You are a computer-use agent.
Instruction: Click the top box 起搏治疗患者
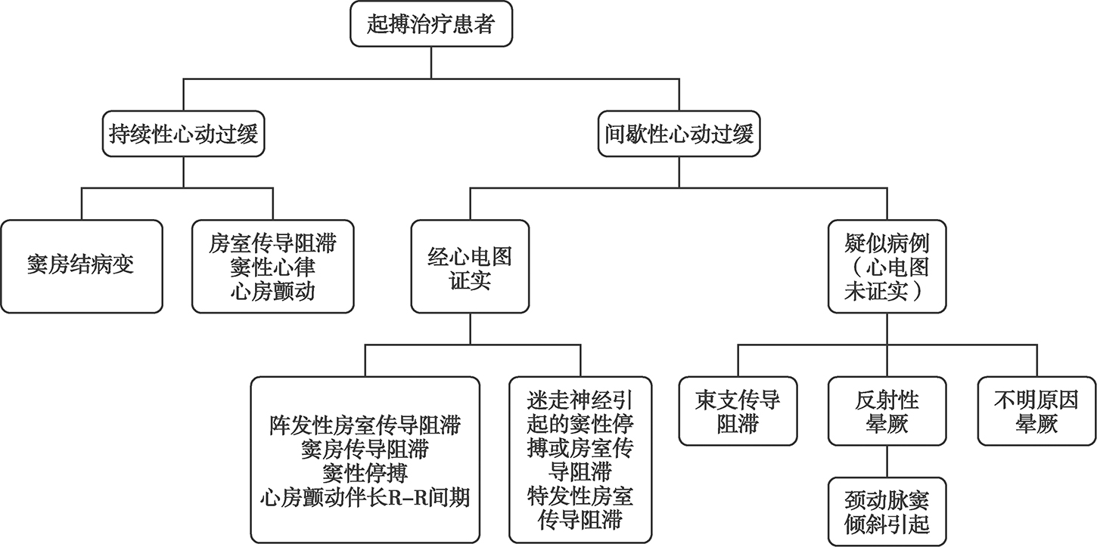[430, 25]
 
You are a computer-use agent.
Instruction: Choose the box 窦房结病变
[81, 266]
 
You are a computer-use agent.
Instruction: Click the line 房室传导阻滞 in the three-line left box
[272, 243]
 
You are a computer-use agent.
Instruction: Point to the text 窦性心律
[272, 267]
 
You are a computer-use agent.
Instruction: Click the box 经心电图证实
[470, 266]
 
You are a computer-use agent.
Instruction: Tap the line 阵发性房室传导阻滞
[365, 425]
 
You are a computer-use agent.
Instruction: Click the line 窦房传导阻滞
[365, 450]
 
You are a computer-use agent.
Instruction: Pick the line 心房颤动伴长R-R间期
[365, 499]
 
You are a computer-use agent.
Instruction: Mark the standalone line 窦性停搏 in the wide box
[365, 474]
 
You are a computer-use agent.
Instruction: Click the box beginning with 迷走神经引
[581, 459]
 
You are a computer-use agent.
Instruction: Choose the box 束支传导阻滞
[738, 410]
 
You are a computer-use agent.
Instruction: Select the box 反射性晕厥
[887, 410]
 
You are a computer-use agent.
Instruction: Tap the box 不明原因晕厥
[1036, 410]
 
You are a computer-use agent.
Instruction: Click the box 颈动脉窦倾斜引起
[887, 511]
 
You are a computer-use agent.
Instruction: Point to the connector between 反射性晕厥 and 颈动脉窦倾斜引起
[887, 461]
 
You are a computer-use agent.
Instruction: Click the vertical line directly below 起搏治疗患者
[430, 61]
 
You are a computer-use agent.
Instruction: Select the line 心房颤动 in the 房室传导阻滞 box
[272, 291]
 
